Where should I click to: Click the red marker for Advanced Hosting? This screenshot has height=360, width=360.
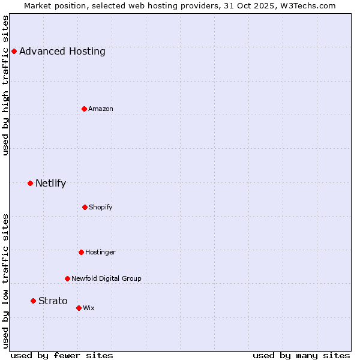coord(14,51)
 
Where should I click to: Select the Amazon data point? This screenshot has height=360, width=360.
coord(84,109)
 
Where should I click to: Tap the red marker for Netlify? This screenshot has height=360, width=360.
coord(30,183)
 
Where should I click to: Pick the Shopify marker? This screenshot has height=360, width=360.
coord(85,207)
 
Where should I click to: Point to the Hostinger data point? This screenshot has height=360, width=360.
coord(81,252)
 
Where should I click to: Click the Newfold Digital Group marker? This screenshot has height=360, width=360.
coord(67,278)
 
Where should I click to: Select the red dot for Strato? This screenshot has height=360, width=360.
coord(33,301)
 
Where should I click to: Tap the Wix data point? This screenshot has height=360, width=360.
coord(79,308)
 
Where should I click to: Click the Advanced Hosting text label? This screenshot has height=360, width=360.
coord(62,51)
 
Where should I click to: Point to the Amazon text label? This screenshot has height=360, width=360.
coord(101,109)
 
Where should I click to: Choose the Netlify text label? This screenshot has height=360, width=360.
coord(50,183)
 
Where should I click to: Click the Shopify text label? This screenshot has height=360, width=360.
coord(101,207)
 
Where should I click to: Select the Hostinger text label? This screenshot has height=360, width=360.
coord(100,252)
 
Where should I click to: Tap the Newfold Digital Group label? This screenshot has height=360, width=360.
coord(106,278)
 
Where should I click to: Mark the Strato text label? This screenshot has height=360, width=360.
coord(53,301)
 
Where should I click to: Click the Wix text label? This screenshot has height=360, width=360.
coord(89,308)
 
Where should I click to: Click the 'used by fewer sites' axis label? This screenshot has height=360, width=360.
coord(62,355)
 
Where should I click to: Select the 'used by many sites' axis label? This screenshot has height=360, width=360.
coord(301,355)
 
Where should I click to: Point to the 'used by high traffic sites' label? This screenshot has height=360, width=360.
coord(6,85)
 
